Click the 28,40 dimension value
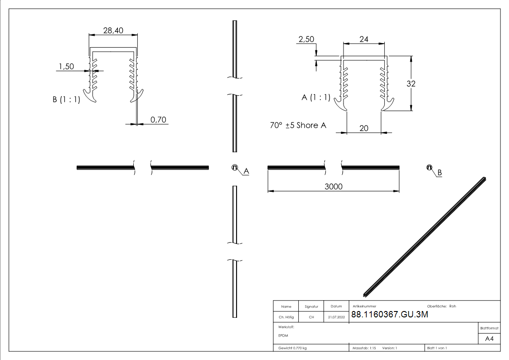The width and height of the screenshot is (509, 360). point(113,30)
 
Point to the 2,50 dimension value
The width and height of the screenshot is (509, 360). point(306,39)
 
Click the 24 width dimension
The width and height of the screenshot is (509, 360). point(364,39)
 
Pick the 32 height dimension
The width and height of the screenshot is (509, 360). point(411,83)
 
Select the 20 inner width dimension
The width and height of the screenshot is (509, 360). point(363,128)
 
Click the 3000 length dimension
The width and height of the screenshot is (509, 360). point(334,187)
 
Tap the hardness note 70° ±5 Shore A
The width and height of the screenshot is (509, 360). point(298,125)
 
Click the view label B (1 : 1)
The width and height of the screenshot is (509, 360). point(66,100)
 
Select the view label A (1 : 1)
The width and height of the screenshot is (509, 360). point(316,97)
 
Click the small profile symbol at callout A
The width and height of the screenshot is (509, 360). point(235,167)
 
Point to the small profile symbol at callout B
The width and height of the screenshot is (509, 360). point(428,167)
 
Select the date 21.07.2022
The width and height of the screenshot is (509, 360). point(336,317)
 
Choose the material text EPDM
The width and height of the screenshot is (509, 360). point(283,336)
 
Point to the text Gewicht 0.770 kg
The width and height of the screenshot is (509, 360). point(293,348)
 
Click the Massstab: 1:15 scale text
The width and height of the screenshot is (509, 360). point(364,348)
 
